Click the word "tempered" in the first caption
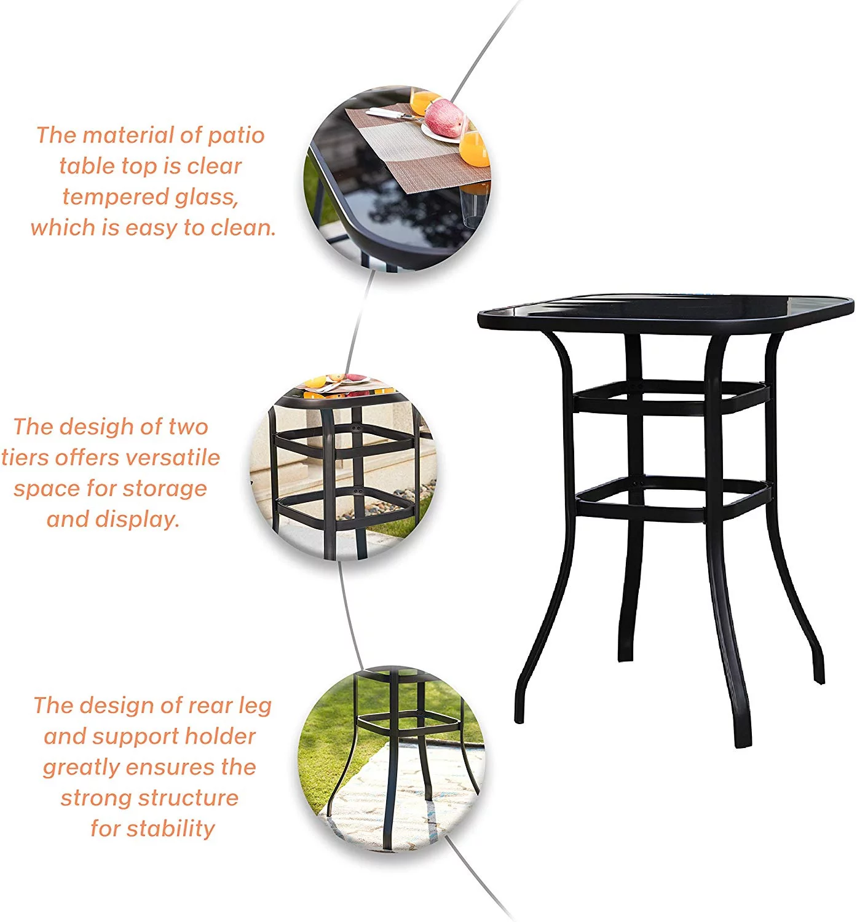point(115,197)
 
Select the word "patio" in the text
point(235,136)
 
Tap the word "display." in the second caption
point(137,519)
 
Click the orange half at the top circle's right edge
point(475,149)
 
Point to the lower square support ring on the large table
point(674,499)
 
